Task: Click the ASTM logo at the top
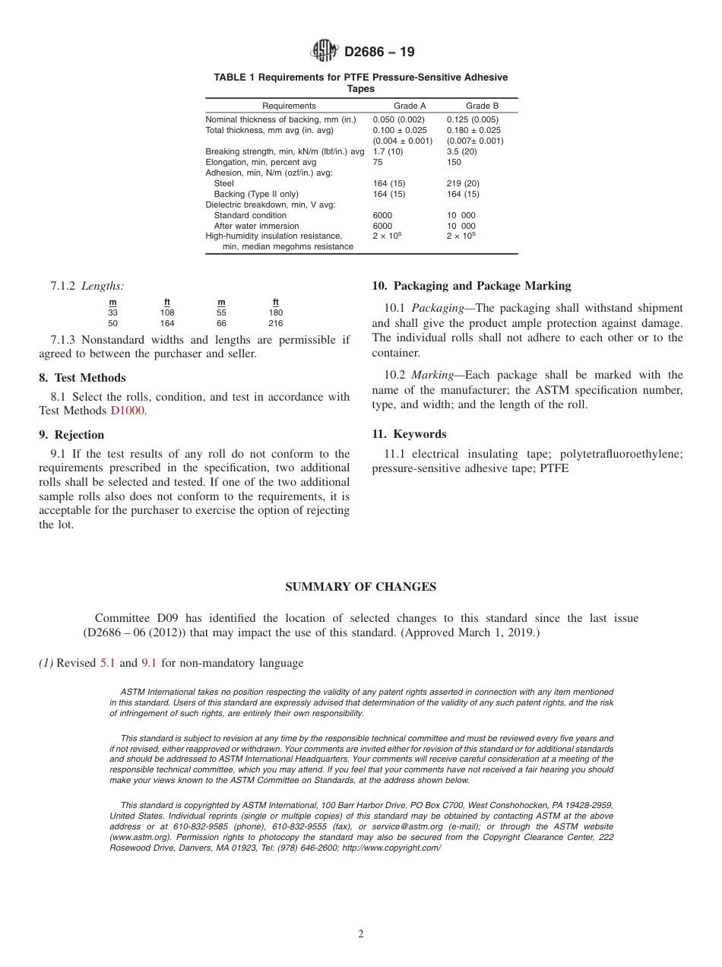[325, 52]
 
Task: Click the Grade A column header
[410, 106]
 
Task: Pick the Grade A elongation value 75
[378, 162]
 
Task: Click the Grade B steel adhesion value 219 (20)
[463, 183]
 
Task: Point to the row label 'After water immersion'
[256, 226]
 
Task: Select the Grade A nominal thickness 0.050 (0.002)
[398, 119]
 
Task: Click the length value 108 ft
[167, 312]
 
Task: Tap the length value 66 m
[222, 323]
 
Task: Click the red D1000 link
[128, 411]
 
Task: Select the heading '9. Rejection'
[71, 435]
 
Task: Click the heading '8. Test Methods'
[82, 378]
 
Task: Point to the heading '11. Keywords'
[409, 434]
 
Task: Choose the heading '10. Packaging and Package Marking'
[470, 286]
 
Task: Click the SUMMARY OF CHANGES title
[360, 587]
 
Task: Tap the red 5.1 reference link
[107, 663]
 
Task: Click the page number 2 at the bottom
[361, 934]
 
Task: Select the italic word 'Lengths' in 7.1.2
[103, 286]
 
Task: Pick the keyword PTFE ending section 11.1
[554, 469]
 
